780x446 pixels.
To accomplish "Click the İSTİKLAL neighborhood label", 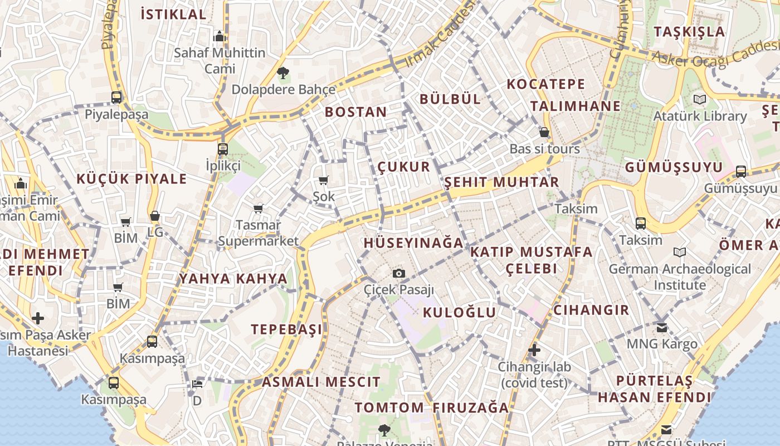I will (x=173, y=14).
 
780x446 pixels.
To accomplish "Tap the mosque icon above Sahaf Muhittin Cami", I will (x=220, y=37).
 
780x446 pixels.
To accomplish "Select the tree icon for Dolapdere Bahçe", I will (x=283, y=72).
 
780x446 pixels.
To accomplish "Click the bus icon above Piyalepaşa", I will (x=116, y=98).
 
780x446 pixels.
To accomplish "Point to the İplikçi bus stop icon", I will (x=223, y=149).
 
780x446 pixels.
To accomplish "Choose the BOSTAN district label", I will (x=355, y=111).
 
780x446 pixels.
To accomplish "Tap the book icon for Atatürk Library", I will (x=700, y=100).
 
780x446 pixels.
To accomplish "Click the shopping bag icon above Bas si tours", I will (x=544, y=132).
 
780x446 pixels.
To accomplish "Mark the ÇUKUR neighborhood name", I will (x=404, y=167).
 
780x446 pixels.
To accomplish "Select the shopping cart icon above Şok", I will (x=323, y=180).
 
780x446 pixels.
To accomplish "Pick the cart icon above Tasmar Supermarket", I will (x=258, y=209).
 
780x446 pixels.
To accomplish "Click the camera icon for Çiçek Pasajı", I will (x=399, y=273).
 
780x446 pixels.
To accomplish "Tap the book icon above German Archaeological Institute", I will (x=680, y=253).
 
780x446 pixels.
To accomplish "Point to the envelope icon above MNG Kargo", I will (x=662, y=327).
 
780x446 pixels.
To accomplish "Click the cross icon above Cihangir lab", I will (x=534, y=350).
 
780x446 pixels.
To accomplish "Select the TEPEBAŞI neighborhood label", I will (x=286, y=329).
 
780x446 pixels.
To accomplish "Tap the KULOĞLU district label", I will (x=459, y=312).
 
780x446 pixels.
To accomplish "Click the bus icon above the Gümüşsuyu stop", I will (x=741, y=172).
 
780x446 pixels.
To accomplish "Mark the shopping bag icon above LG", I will (x=155, y=216).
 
